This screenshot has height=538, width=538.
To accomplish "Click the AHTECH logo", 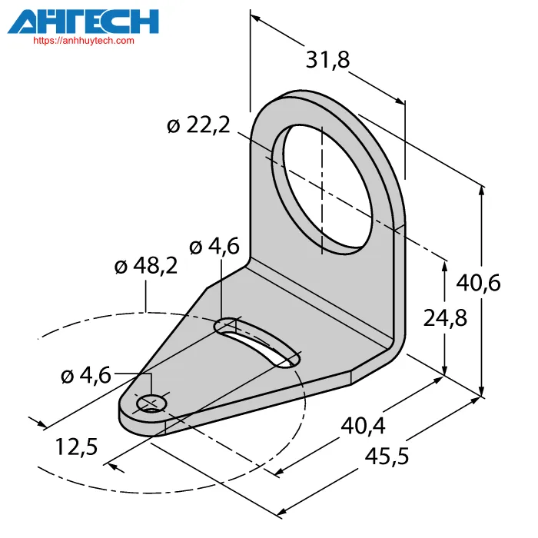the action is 83,22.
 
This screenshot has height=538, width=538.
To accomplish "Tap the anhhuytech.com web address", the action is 84,41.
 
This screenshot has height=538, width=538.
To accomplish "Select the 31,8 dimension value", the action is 327,59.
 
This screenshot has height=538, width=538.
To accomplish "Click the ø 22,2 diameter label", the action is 198,125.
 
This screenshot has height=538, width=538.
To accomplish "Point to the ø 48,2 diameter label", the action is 146,265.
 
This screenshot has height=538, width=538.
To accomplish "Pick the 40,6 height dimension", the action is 478,283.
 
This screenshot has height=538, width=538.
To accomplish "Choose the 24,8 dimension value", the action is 445,317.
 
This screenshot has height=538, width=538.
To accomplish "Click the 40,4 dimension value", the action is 363,426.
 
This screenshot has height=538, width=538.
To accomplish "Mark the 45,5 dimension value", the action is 387,457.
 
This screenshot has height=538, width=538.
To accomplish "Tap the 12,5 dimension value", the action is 76,447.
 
